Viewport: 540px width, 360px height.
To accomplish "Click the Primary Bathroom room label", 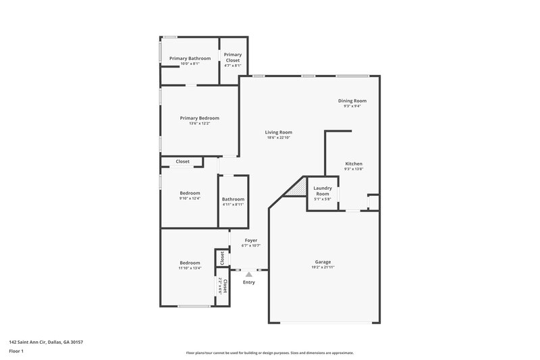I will [x=190, y=58].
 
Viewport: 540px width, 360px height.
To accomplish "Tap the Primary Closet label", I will [x=233, y=57].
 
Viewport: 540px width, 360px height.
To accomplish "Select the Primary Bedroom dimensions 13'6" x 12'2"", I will [x=199, y=124].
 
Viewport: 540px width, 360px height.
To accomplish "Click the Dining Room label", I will [x=352, y=101].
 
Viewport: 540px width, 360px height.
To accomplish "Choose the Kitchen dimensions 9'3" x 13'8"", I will [x=354, y=169].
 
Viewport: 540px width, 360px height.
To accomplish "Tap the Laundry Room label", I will [x=323, y=192].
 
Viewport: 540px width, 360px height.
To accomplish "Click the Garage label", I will [x=323, y=261].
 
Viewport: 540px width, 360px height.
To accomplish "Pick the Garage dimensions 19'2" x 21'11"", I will [x=323, y=267].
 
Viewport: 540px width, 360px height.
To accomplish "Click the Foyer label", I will [x=250, y=240].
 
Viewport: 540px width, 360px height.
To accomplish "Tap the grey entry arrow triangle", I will [x=249, y=274].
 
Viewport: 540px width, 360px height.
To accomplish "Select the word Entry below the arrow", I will [x=249, y=282].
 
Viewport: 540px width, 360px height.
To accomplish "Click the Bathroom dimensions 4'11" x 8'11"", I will [x=234, y=204].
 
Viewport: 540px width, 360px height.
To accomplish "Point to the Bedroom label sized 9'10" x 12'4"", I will [x=190, y=193].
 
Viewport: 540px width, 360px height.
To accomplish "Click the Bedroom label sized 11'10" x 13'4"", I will [x=190, y=262].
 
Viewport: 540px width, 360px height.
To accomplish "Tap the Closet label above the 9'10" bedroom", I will [x=182, y=161].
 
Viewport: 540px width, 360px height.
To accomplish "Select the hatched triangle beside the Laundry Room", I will [x=298, y=188].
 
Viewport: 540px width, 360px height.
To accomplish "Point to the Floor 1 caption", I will [x=17, y=352].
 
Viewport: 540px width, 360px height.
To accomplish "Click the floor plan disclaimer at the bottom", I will [x=270, y=353].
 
